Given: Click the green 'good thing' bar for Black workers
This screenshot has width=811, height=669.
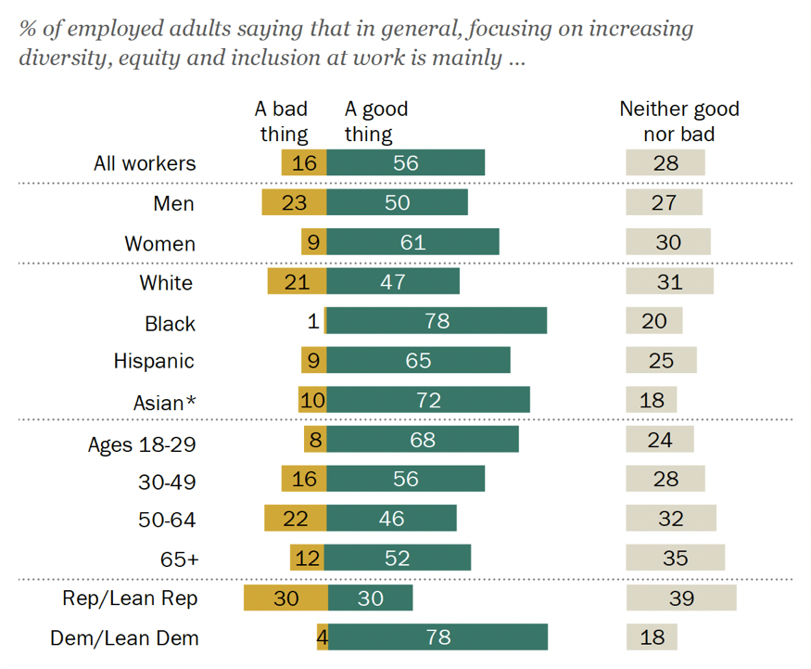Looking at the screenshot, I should pyautogui.click(x=437, y=321).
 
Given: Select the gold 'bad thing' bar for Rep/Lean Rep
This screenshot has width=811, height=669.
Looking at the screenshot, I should pyautogui.click(x=285, y=598).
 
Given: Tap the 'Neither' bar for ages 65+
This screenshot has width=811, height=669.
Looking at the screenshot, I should pyautogui.click(x=675, y=558).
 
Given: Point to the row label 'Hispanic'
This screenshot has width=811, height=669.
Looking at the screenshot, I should pyautogui.click(x=154, y=361).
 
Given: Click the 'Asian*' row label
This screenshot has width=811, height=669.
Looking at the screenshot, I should pyautogui.click(x=165, y=402).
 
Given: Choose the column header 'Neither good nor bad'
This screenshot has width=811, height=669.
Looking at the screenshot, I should pyautogui.click(x=679, y=121).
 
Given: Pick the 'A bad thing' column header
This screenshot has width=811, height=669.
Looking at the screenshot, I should pyautogui.click(x=282, y=121).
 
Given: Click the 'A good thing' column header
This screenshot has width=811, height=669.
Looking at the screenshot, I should pyautogui.click(x=376, y=121).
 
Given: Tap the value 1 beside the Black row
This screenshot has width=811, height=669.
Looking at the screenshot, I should pyautogui.click(x=313, y=322).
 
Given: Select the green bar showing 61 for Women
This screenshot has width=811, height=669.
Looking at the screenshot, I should pyautogui.click(x=412, y=242).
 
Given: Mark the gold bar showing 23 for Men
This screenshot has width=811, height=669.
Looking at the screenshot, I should pyautogui.click(x=294, y=202).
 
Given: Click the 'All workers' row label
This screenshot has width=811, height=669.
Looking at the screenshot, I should pyautogui.click(x=145, y=163).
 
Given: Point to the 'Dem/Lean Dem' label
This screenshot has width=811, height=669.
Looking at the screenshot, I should pyautogui.click(x=138, y=638).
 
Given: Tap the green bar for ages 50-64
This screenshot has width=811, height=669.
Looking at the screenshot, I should pyautogui.click(x=391, y=518).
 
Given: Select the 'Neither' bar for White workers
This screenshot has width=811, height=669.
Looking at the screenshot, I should pyautogui.click(x=669, y=281).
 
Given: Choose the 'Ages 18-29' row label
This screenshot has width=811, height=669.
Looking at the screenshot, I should pyautogui.click(x=142, y=444).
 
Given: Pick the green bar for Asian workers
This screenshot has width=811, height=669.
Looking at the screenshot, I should pyautogui.click(x=428, y=400).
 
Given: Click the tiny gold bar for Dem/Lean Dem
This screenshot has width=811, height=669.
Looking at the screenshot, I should pyautogui.click(x=322, y=637).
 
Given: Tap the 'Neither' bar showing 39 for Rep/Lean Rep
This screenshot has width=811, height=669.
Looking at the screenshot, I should pyautogui.click(x=681, y=598).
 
